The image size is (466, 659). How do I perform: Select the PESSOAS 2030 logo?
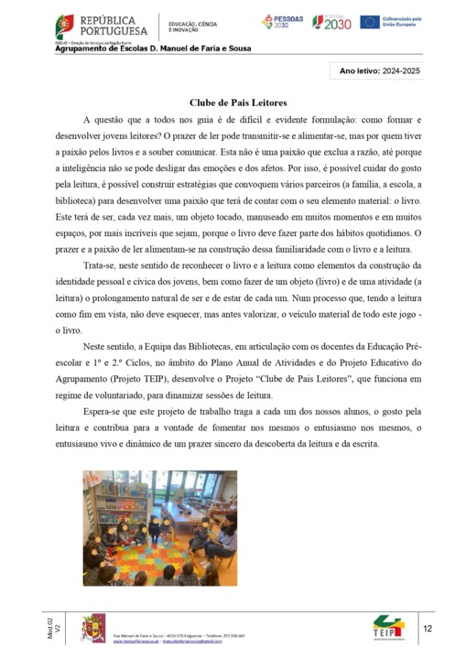pyautogui.click(x=281, y=22)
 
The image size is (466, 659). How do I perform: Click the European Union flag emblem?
pyautogui.click(x=369, y=22)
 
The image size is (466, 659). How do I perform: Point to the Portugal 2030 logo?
pyautogui.click(x=331, y=22)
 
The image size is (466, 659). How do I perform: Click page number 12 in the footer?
pyautogui.click(x=428, y=629)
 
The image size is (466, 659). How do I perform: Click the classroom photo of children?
pyautogui.click(x=159, y=527)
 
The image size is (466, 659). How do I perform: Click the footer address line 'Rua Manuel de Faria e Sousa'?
pyautogui.click(x=146, y=633)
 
